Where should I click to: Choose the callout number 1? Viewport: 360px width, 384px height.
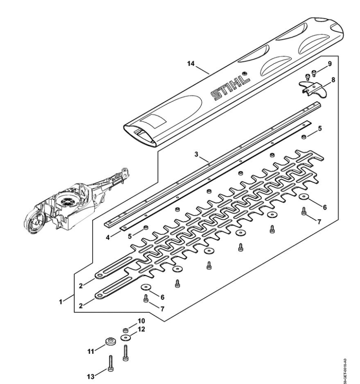tap(61, 300)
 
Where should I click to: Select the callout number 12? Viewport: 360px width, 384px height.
tap(141, 330)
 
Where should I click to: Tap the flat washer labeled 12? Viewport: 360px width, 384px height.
tap(125, 337)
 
